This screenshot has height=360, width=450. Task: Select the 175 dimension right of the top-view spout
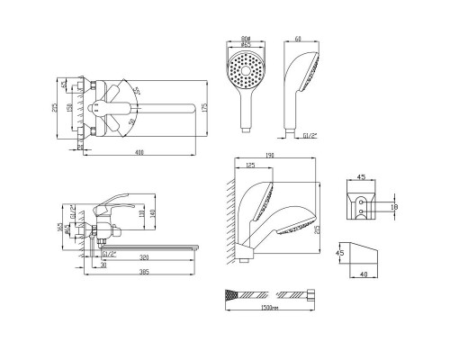coord(205,109)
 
